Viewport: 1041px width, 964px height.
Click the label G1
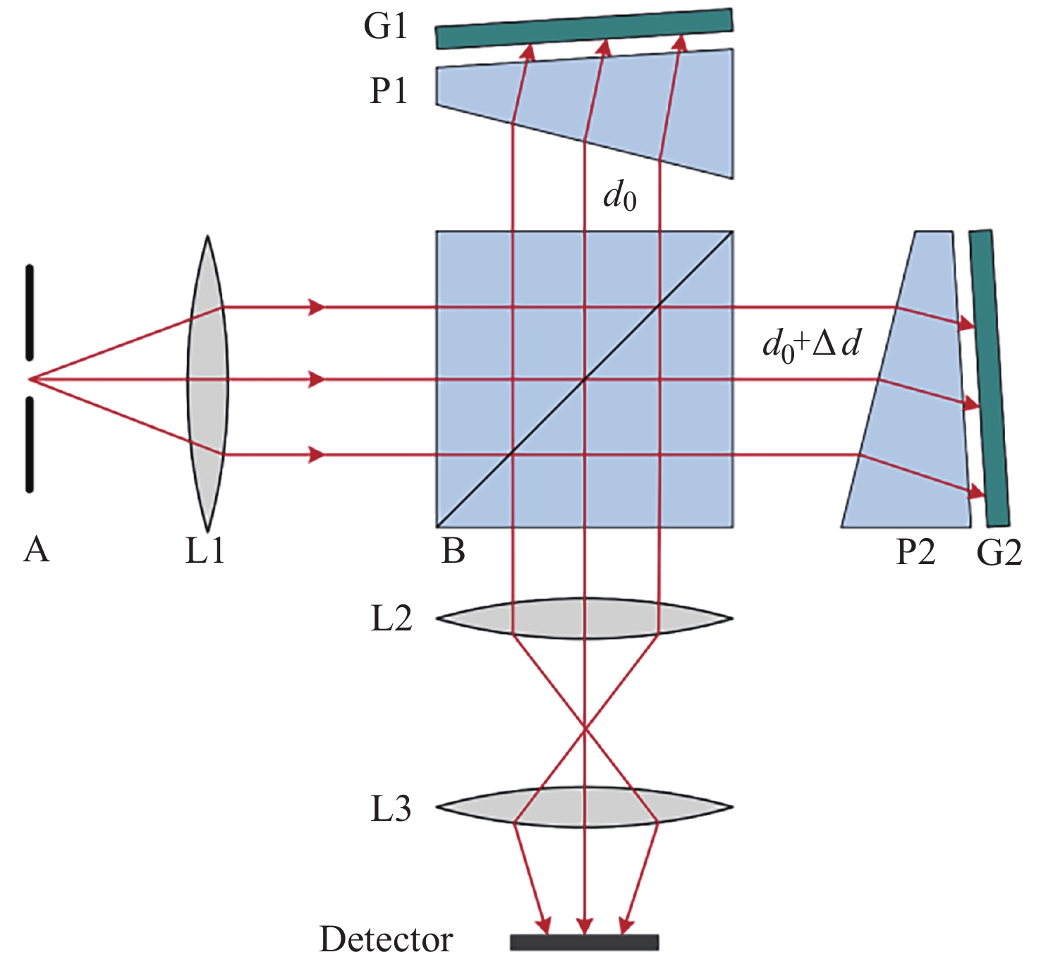tap(385, 27)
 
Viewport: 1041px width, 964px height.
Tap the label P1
tap(389, 92)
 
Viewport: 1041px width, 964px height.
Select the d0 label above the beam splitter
tap(619, 196)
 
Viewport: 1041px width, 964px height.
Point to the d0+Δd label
tap(812, 345)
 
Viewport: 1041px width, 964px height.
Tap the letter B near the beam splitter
tap(453, 551)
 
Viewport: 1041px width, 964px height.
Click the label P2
tap(915, 552)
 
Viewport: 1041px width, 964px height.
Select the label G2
tap(999, 552)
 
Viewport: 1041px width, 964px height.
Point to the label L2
tap(391, 618)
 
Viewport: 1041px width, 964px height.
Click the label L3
tap(391, 809)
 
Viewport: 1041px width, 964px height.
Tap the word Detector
tap(386, 939)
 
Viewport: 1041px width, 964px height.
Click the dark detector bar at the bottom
tap(584, 942)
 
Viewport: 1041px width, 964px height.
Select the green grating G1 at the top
tap(584, 29)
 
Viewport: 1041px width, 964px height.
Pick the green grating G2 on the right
tap(989, 378)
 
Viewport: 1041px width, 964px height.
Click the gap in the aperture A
tap(30, 379)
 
